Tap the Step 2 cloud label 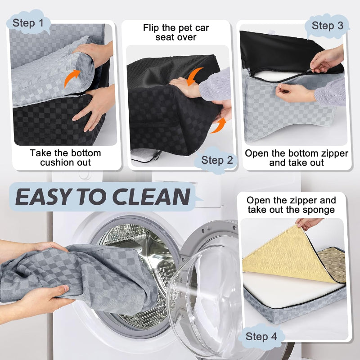[217, 160]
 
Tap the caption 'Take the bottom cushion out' [66, 157]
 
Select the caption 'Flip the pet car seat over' [176, 32]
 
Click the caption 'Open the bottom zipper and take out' [296, 158]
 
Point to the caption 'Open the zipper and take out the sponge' [291, 205]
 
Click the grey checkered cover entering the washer [90, 274]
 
